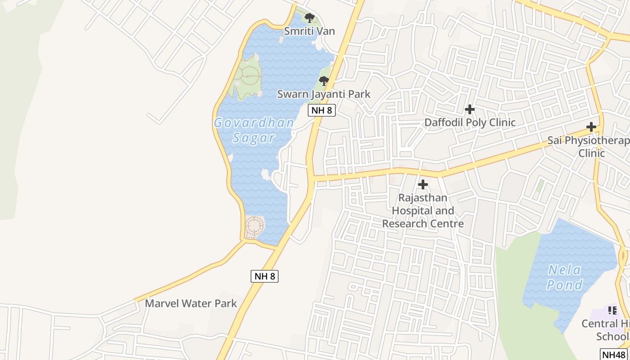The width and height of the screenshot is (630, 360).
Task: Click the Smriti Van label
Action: (x=309, y=31)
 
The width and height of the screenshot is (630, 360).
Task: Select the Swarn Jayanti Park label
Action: (x=324, y=94)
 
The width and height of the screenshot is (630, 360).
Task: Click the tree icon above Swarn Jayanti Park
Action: (x=324, y=81)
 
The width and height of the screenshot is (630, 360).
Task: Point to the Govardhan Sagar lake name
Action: (x=254, y=130)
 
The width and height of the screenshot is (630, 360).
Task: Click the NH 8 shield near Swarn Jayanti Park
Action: (x=322, y=110)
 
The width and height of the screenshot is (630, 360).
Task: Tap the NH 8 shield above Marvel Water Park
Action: (x=265, y=276)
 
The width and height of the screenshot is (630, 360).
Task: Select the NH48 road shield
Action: (x=614, y=354)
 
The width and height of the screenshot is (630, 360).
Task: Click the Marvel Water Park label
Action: (x=191, y=303)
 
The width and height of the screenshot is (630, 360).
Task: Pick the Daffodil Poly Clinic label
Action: (x=470, y=122)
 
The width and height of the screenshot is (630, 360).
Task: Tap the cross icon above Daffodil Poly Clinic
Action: (x=470, y=109)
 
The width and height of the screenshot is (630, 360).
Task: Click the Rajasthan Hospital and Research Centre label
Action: (x=423, y=211)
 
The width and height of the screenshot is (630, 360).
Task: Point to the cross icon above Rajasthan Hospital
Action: (x=423, y=184)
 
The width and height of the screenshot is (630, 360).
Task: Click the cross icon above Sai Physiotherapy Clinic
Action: (x=591, y=127)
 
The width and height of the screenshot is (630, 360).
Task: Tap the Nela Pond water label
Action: (x=565, y=278)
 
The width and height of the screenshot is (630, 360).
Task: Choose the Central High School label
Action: (x=606, y=330)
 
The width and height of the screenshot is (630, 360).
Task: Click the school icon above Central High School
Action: (x=612, y=310)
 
